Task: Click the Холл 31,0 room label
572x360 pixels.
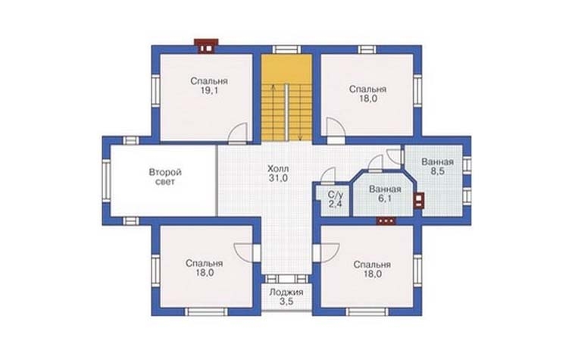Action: coord(278,174)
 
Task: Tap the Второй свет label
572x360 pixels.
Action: coord(165,177)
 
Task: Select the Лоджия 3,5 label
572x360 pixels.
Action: coord(286,297)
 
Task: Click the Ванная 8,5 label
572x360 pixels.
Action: coord(437,167)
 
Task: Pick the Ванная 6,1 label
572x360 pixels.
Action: coord(385,194)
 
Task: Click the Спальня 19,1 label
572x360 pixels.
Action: coord(209,86)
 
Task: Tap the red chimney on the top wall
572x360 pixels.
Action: coord(206,46)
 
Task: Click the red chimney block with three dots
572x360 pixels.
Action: coord(386,221)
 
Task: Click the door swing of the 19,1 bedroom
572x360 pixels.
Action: coord(238,132)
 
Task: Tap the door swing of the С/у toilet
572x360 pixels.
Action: coord(328,175)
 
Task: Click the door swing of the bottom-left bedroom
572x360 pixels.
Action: coord(243,252)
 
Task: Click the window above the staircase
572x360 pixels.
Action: coord(286,49)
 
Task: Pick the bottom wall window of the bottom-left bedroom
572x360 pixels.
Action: coord(206,311)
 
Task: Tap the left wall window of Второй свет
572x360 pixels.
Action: coord(106,180)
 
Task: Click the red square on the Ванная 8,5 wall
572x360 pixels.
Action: coord(420,200)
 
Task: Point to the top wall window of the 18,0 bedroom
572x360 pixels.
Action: coord(367,49)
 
